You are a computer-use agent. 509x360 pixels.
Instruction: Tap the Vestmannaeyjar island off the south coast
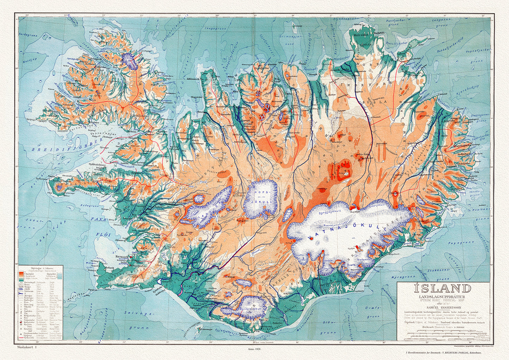click(199, 329)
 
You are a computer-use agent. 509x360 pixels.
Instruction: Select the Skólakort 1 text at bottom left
click(26, 347)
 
